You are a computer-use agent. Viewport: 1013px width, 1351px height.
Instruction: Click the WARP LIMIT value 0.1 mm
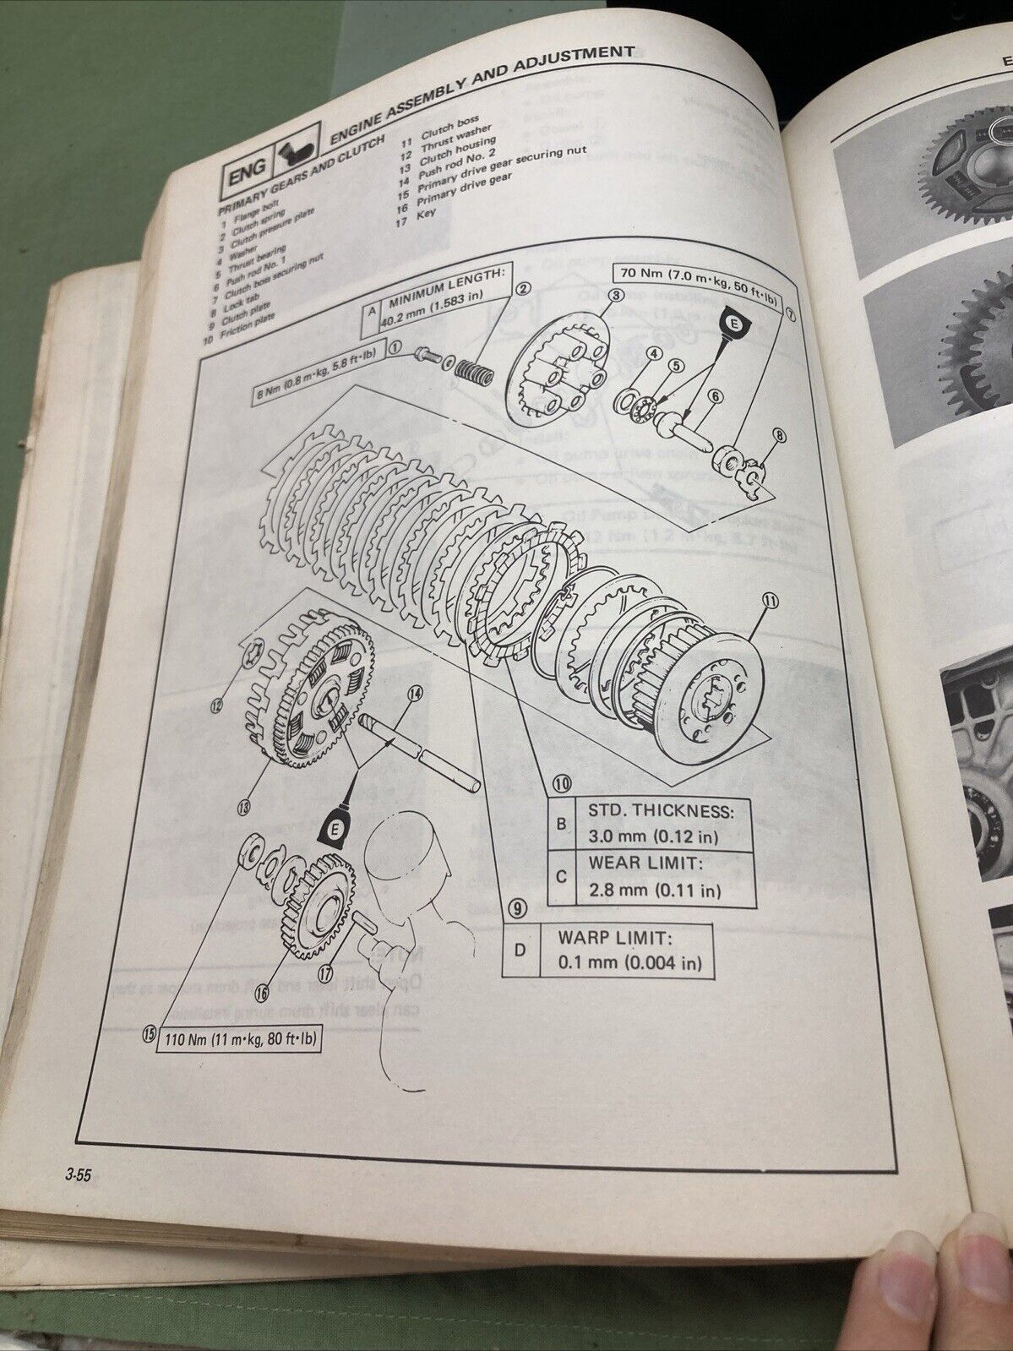(629, 961)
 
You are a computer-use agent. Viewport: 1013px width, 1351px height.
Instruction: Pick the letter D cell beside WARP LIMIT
(520, 950)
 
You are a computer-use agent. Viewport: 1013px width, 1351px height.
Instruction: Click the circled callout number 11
(769, 601)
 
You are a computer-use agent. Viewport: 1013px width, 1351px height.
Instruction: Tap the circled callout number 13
(244, 809)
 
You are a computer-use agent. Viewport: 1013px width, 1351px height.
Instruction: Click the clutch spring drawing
(474, 369)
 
